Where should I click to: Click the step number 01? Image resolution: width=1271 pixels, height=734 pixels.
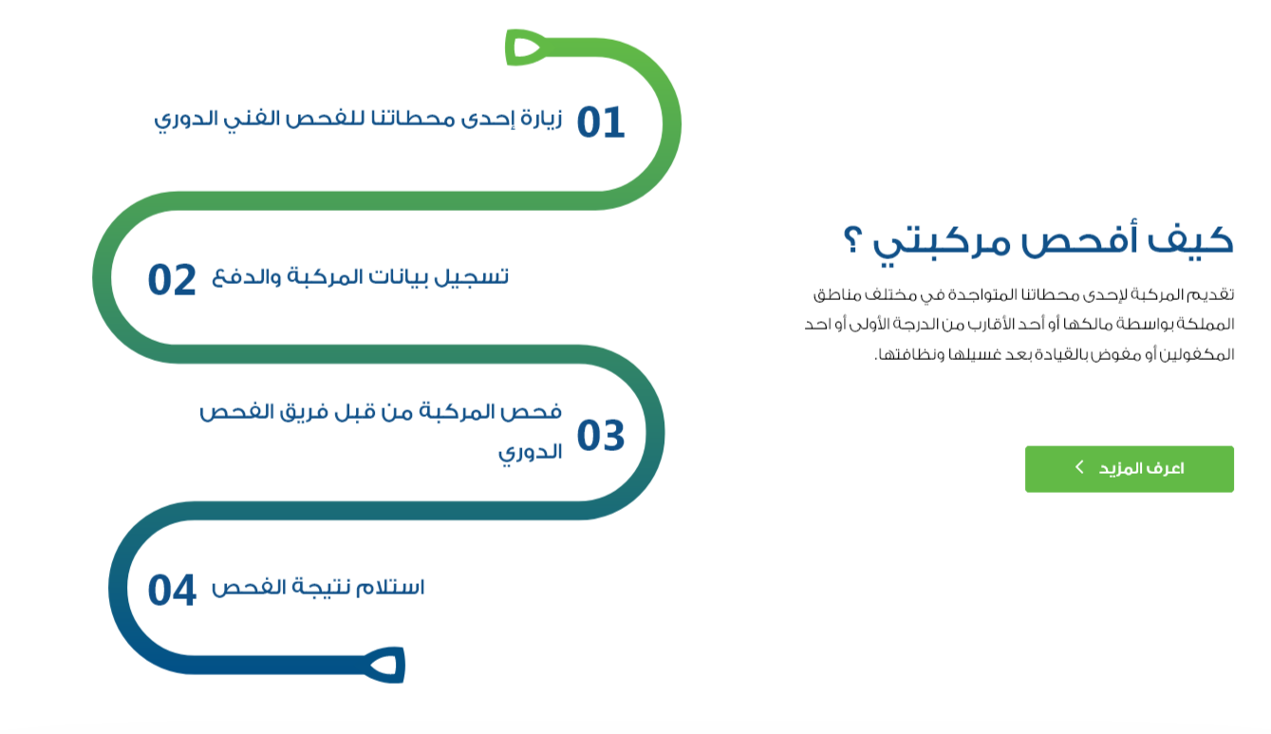[601, 123]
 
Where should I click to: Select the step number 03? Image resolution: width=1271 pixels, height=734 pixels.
[601, 437]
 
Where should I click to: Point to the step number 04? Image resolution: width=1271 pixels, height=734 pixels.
[172, 591]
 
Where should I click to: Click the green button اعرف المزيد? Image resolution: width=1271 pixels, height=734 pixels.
[1129, 469]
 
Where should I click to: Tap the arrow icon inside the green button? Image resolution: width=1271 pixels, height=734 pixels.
[1079, 467]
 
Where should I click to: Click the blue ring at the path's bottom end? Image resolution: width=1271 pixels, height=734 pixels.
[385, 665]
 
